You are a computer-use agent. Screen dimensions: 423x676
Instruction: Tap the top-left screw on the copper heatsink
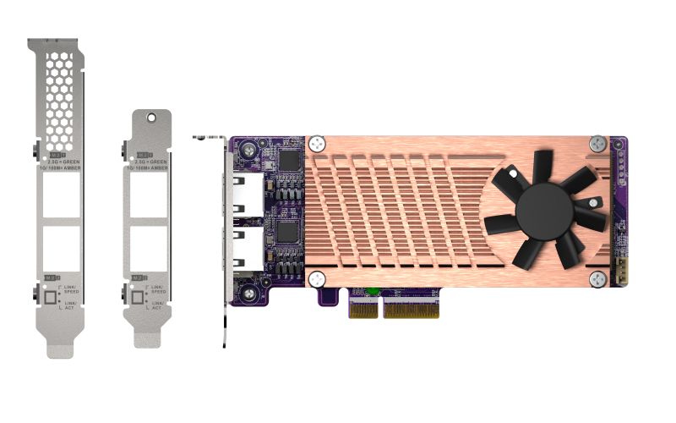pos(317,143)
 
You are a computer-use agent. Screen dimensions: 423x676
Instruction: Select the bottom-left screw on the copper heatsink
pos(317,278)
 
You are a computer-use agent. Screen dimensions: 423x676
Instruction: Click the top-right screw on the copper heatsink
pos(597,143)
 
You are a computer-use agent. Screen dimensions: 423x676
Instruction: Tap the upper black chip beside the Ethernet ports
pos(289,161)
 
